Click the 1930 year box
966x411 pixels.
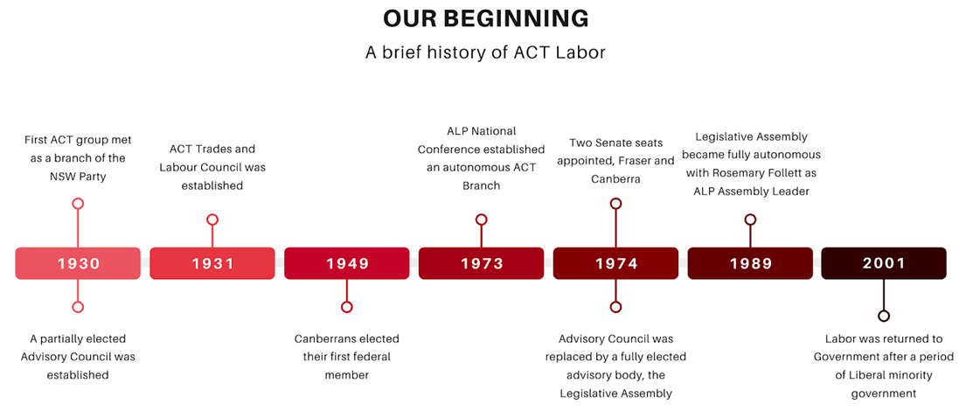tap(78, 263)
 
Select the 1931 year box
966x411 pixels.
tap(212, 263)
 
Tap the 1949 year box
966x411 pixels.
tap(347, 263)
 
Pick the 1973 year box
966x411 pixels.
tap(481, 263)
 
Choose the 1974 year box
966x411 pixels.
tap(615, 263)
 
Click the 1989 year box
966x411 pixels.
tap(750, 263)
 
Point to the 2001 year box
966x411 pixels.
tap(884, 263)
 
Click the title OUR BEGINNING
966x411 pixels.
tap(485, 19)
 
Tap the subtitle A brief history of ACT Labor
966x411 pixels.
tap(485, 52)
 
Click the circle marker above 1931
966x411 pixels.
tap(212, 219)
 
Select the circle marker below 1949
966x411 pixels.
tap(347, 307)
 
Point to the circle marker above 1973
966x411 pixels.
tap(481, 219)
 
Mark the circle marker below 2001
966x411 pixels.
tap(884, 316)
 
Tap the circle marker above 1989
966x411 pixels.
tap(750, 219)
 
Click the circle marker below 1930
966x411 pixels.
tap(78, 307)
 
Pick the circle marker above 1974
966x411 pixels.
tap(615, 204)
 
